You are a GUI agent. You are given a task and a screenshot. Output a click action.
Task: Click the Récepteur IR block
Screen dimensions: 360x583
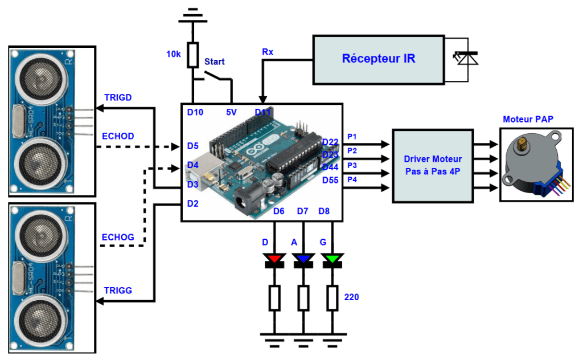pyautogui.click(x=378, y=59)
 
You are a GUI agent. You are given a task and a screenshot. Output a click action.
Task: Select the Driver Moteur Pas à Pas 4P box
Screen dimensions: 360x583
pyautogui.click(x=433, y=166)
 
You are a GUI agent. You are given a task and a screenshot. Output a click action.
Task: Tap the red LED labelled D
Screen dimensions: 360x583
pyautogui.click(x=274, y=260)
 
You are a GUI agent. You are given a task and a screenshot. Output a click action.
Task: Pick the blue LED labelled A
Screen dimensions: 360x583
pyautogui.click(x=303, y=260)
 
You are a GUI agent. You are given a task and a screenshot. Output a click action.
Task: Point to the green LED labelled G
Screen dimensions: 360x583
pyautogui.click(x=332, y=260)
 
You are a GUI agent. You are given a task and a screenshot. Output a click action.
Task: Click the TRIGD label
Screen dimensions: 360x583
pyautogui.click(x=118, y=97)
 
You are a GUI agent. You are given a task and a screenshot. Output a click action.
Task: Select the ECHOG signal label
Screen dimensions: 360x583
pyautogui.click(x=118, y=237)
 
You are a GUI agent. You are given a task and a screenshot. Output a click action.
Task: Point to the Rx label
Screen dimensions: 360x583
pyautogui.click(x=268, y=52)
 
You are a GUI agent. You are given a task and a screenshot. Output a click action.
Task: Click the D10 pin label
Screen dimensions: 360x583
pyautogui.click(x=195, y=113)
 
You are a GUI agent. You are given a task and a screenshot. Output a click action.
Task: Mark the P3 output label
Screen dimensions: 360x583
pyautogui.click(x=352, y=165)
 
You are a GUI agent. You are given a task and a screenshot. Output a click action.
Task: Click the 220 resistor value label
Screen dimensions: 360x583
pyautogui.click(x=352, y=297)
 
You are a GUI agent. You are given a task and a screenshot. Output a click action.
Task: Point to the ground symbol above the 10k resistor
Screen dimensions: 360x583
pyautogui.click(x=193, y=15)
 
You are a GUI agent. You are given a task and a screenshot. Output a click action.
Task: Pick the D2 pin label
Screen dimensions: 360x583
pyautogui.click(x=193, y=203)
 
